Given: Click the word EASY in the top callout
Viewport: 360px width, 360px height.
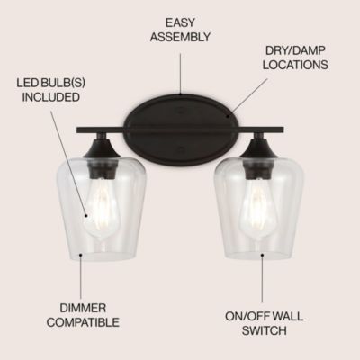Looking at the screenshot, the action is (180, 22).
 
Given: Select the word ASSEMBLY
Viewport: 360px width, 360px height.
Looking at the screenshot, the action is (180, 37).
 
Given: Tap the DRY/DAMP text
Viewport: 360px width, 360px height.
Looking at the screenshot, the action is (295, 50).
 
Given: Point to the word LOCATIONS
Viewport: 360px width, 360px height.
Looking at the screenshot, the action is (295, 65).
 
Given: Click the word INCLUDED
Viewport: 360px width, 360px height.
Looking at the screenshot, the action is (51, 97).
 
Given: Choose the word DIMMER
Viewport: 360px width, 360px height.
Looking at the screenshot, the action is (83, 308).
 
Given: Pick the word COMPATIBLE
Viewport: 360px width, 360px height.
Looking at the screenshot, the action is (83, 322).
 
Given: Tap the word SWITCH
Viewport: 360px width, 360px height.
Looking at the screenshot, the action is (264, 330).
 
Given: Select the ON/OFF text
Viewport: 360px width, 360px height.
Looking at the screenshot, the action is (245, 316).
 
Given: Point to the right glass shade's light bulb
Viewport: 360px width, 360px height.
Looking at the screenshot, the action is (258, 210).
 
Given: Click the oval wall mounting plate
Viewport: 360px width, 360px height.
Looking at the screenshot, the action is (180, 129).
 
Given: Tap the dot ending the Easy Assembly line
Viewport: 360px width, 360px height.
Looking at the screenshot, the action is (180, 94).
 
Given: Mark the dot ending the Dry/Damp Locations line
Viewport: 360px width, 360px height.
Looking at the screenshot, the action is (229, 116).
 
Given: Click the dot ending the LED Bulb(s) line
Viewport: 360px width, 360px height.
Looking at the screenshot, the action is (86, 215).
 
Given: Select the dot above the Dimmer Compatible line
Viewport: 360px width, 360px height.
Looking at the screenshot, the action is (80, 256).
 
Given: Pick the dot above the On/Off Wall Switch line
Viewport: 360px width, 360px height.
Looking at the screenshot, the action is (262, 255).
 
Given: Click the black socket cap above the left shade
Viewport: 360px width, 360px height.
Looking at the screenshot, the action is (102, 146).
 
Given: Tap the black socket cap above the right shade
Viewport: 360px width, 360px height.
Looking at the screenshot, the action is (258, 146).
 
